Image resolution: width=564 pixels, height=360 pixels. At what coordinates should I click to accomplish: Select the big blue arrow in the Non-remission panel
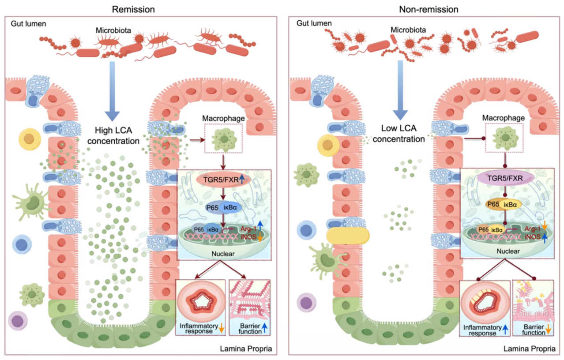pos(400,90)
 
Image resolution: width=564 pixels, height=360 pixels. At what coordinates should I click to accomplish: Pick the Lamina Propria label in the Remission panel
pos(246,349)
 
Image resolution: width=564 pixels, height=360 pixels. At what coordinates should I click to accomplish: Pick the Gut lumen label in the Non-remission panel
pos(310,22)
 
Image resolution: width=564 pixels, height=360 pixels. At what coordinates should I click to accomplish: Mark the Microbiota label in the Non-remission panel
pos(408,30)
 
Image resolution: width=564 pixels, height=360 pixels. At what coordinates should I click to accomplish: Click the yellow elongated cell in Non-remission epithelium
pos(347,236)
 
